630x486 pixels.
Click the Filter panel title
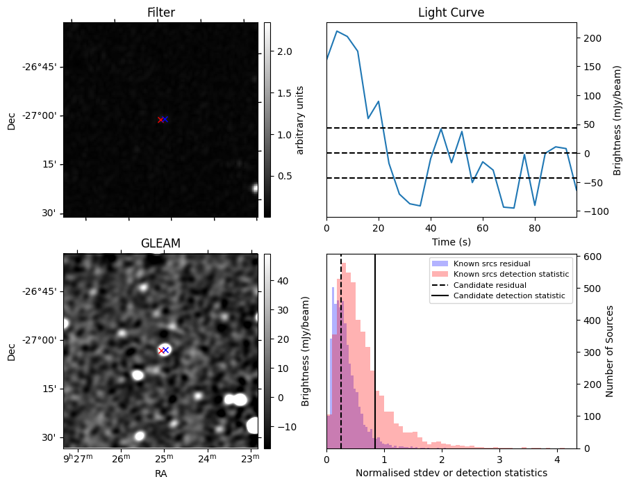coord(160,13)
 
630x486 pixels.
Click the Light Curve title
coord(451,13)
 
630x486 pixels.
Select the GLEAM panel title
coord(160,243)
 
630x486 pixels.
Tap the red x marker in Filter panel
coord(160,120)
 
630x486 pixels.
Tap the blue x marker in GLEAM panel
coord(165,350)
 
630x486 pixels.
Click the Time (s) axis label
coord(451,241)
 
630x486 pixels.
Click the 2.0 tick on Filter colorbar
coord(285,51)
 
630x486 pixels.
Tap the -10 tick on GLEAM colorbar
coord(284,426)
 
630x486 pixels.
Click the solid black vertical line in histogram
coord(375,348)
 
